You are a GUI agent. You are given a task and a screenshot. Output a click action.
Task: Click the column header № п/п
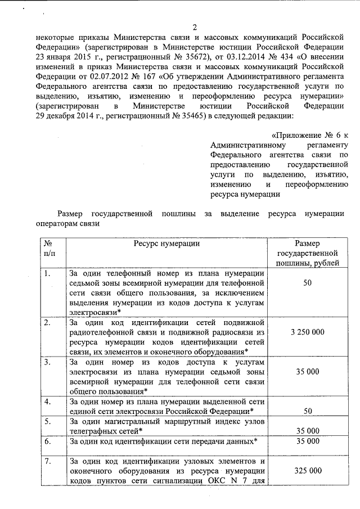[49, 248]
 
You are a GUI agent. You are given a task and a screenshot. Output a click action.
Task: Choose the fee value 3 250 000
[307, 332]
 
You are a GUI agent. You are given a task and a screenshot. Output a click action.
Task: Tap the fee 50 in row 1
[307, 283]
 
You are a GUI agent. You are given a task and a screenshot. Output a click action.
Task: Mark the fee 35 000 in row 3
[307, 371]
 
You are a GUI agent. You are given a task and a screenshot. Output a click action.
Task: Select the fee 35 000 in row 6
[307, 442]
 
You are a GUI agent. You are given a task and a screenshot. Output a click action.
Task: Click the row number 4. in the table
[48, 402]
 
